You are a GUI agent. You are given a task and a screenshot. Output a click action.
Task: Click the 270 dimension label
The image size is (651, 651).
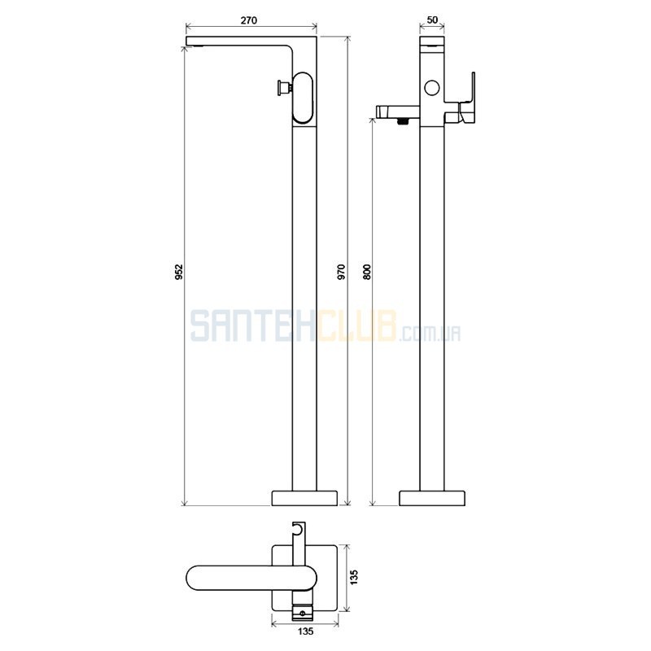coord(249,20)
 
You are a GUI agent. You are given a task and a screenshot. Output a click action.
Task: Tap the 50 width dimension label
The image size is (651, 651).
coord(432,20)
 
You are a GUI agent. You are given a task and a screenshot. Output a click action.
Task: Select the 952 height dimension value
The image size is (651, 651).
coord(179,272)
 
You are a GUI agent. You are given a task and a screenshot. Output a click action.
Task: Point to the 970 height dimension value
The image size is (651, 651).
coord(341,272)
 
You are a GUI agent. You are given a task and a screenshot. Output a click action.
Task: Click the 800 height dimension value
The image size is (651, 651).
coord(368,272)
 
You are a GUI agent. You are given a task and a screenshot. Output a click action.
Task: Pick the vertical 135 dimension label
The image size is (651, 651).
coord(354,578)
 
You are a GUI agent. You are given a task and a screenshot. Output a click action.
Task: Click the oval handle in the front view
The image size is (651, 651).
coord(302,98)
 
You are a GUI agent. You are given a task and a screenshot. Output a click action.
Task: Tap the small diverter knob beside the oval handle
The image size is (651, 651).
coord(284,88)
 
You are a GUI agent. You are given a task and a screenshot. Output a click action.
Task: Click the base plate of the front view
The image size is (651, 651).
coord(304,498)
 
